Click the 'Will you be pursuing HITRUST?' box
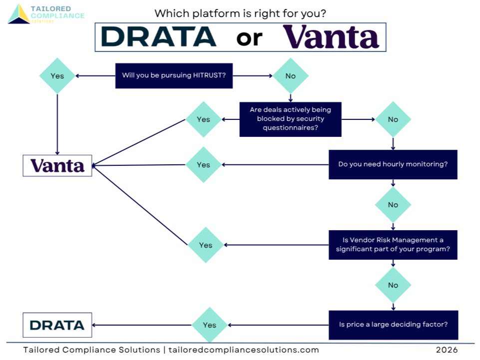click(174, 76)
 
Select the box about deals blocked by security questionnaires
click(290, 119)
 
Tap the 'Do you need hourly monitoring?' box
click(393, 164)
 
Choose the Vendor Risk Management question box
click(393, 245)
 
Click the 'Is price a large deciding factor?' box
click(393, 325)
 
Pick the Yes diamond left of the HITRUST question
click(57, 76)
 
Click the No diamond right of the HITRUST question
click(290, 76)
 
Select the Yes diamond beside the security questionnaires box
click(203, 119)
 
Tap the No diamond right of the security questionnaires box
click(393, 119)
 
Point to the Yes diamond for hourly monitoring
click(203, 165)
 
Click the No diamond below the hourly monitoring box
click(393, 205)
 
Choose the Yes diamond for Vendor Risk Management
click(206, 245)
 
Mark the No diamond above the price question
click(393, 285)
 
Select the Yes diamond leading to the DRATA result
click(210, 325)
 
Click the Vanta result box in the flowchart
click(57, 165)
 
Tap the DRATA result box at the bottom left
click(57, 325)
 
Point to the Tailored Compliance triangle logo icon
click(19, 14)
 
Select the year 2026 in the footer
click(447, 350)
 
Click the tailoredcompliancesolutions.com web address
click(244, 350)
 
